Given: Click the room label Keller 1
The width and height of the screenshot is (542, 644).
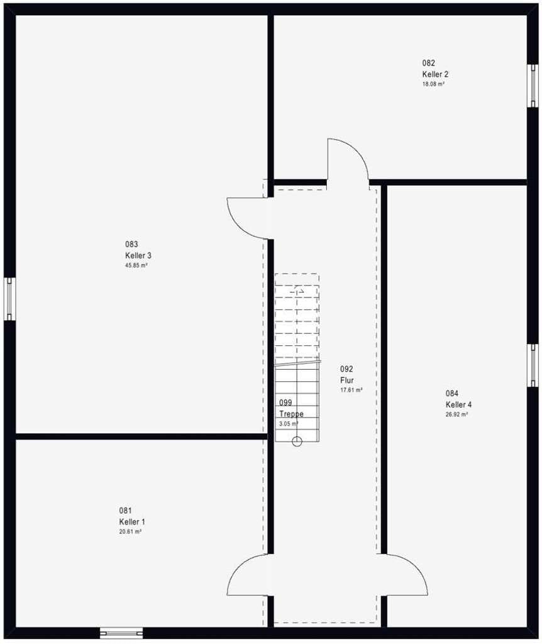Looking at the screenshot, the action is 132,521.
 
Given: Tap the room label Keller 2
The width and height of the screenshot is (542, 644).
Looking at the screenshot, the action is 435,74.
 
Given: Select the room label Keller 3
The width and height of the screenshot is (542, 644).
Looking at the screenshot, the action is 138,255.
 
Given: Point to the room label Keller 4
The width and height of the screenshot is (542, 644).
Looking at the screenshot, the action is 458,404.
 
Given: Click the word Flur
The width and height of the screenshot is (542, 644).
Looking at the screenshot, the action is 347,380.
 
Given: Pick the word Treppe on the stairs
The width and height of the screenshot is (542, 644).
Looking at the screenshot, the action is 292,414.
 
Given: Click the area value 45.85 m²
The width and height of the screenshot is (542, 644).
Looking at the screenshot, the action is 136,265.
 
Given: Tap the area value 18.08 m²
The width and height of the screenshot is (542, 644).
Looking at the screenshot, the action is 434,84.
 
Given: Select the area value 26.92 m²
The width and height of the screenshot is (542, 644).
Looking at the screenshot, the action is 457,414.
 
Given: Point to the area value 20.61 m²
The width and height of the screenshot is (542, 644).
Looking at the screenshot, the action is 131,531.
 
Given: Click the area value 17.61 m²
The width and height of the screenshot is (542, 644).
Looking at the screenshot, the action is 351,390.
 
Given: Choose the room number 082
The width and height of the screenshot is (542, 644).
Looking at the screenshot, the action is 428,63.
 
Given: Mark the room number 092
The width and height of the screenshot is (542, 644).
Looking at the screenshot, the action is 346,369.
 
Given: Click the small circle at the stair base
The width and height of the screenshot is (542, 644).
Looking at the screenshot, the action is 297,442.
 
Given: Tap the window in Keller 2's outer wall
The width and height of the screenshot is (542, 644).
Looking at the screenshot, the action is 533,86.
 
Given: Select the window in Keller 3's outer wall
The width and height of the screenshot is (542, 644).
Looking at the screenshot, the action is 10,299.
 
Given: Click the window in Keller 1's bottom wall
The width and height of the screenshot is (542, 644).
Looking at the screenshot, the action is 121,633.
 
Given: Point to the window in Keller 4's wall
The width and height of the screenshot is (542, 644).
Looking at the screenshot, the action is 533,365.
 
